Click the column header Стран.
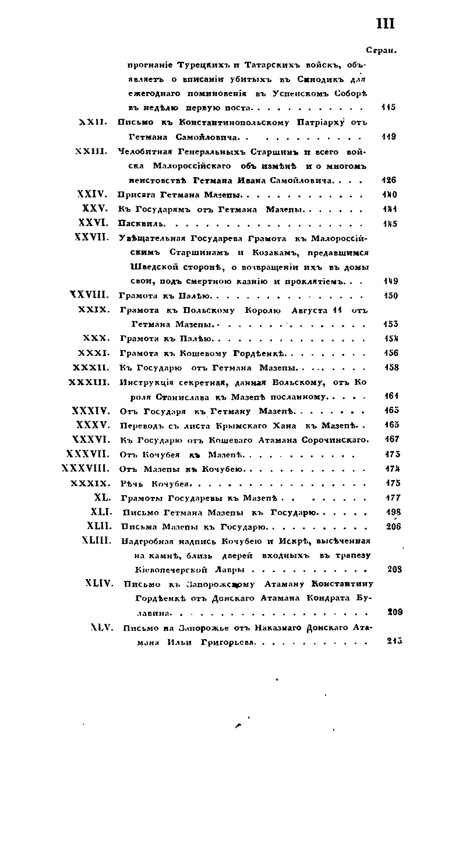point(382,50)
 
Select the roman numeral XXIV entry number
point(93,195)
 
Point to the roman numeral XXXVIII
point(85,468)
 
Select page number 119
point(388,137)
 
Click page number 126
point(388,181)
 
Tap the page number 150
point(391,295)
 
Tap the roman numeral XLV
point(101,627)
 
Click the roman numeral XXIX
point(94,309)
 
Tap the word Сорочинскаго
point(334,439)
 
